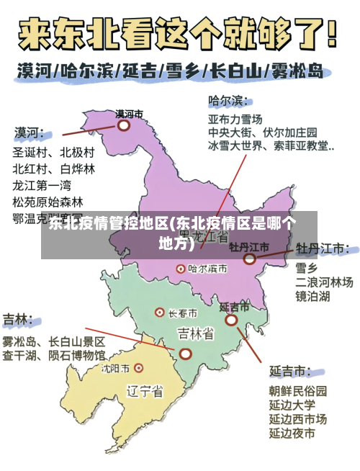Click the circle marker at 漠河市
(x=124, y=125)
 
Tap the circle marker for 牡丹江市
(x=249, y=259)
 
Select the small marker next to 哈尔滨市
(x=181, y=268)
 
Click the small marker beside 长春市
(x=160, y=313)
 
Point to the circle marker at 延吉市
(x=231, y=320)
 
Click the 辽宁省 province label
(x=145, y=392)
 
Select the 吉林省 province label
(x=195, y=333)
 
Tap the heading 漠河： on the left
(x=30, y=133)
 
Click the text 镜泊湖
(x=313, y=296)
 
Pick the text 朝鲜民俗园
(x=298, y=391)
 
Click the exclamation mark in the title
(x=330, y=33)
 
